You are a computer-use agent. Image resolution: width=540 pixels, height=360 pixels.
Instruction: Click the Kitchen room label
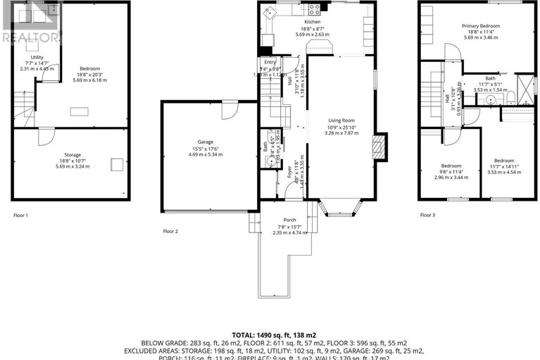312,23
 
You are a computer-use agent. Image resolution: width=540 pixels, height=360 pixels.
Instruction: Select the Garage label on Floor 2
205,142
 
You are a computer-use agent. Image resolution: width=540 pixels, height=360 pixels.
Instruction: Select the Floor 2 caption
170,231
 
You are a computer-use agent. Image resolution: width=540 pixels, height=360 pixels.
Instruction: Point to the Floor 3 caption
427,215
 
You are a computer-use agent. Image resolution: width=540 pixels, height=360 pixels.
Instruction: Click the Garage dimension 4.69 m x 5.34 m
205,155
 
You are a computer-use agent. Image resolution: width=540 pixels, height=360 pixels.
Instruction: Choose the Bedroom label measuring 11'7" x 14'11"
503,160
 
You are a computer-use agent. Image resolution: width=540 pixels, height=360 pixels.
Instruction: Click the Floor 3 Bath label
491,78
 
